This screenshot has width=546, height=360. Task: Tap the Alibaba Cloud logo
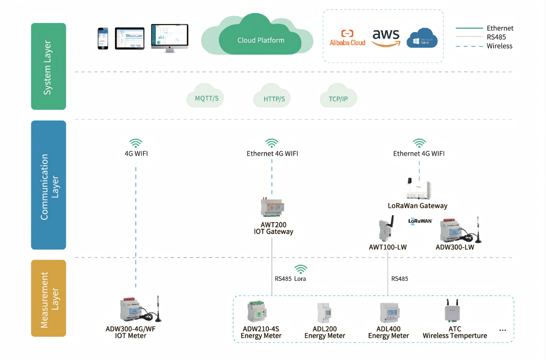347,38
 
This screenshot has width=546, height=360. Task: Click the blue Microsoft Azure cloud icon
422,38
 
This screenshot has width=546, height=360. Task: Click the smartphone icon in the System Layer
103,38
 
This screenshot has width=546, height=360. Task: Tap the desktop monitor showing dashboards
170,37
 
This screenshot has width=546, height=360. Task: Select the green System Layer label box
48,66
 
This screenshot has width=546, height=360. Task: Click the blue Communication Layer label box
48,185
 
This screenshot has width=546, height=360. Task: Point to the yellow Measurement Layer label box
48,298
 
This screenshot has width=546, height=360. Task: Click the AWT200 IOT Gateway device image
272,207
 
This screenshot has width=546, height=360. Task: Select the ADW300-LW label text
455,247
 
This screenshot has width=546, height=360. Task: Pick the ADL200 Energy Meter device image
324,313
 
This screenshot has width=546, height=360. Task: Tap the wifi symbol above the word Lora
301,269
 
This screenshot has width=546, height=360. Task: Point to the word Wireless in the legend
499,46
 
